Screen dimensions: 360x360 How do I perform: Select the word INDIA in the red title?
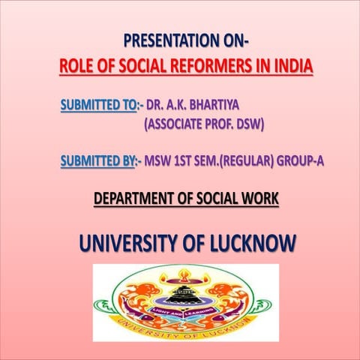(291, 66)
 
